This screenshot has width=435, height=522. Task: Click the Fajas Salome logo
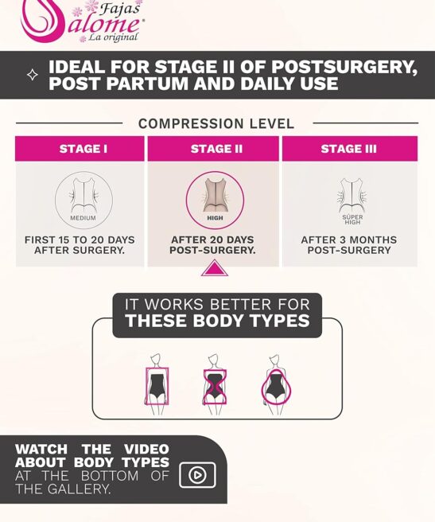(82, 21)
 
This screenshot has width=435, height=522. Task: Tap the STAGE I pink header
(80, 149)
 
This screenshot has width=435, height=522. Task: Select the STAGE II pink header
(213, 149)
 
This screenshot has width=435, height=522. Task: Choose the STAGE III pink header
(350, 149)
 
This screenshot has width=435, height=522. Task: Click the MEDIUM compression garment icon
(84, 199)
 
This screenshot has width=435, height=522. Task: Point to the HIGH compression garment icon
(215, 200)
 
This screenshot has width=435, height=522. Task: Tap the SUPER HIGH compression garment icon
(351, 199)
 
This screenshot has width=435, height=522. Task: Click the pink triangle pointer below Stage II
(215, 268)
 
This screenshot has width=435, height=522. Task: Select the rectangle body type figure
(157, 384)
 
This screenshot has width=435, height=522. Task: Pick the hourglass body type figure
(215, 384)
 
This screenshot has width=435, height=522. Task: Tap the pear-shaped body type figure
(276, 384)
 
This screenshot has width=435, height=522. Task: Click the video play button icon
(197, 475)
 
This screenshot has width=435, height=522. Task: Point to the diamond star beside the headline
(33, 75)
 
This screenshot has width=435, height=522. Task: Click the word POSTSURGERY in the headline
(344, 67)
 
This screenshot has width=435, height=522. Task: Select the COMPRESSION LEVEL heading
(216, 123)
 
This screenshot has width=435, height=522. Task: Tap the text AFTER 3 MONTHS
(349, 240)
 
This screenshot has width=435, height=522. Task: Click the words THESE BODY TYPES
(218, 321)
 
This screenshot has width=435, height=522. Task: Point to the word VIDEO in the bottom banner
(146, 449)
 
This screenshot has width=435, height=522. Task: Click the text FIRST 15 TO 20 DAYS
(80, 240)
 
